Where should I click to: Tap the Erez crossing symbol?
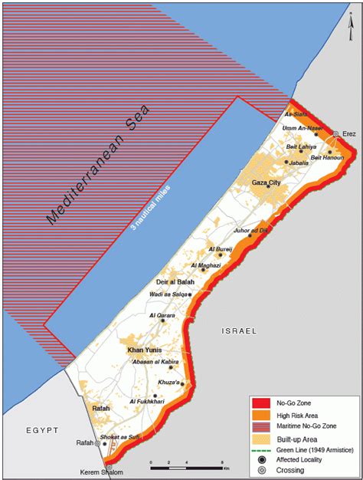click(x=335, y=134)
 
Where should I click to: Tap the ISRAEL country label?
click(x=235, y=330)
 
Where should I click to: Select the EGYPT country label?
click(x=41, y=431)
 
